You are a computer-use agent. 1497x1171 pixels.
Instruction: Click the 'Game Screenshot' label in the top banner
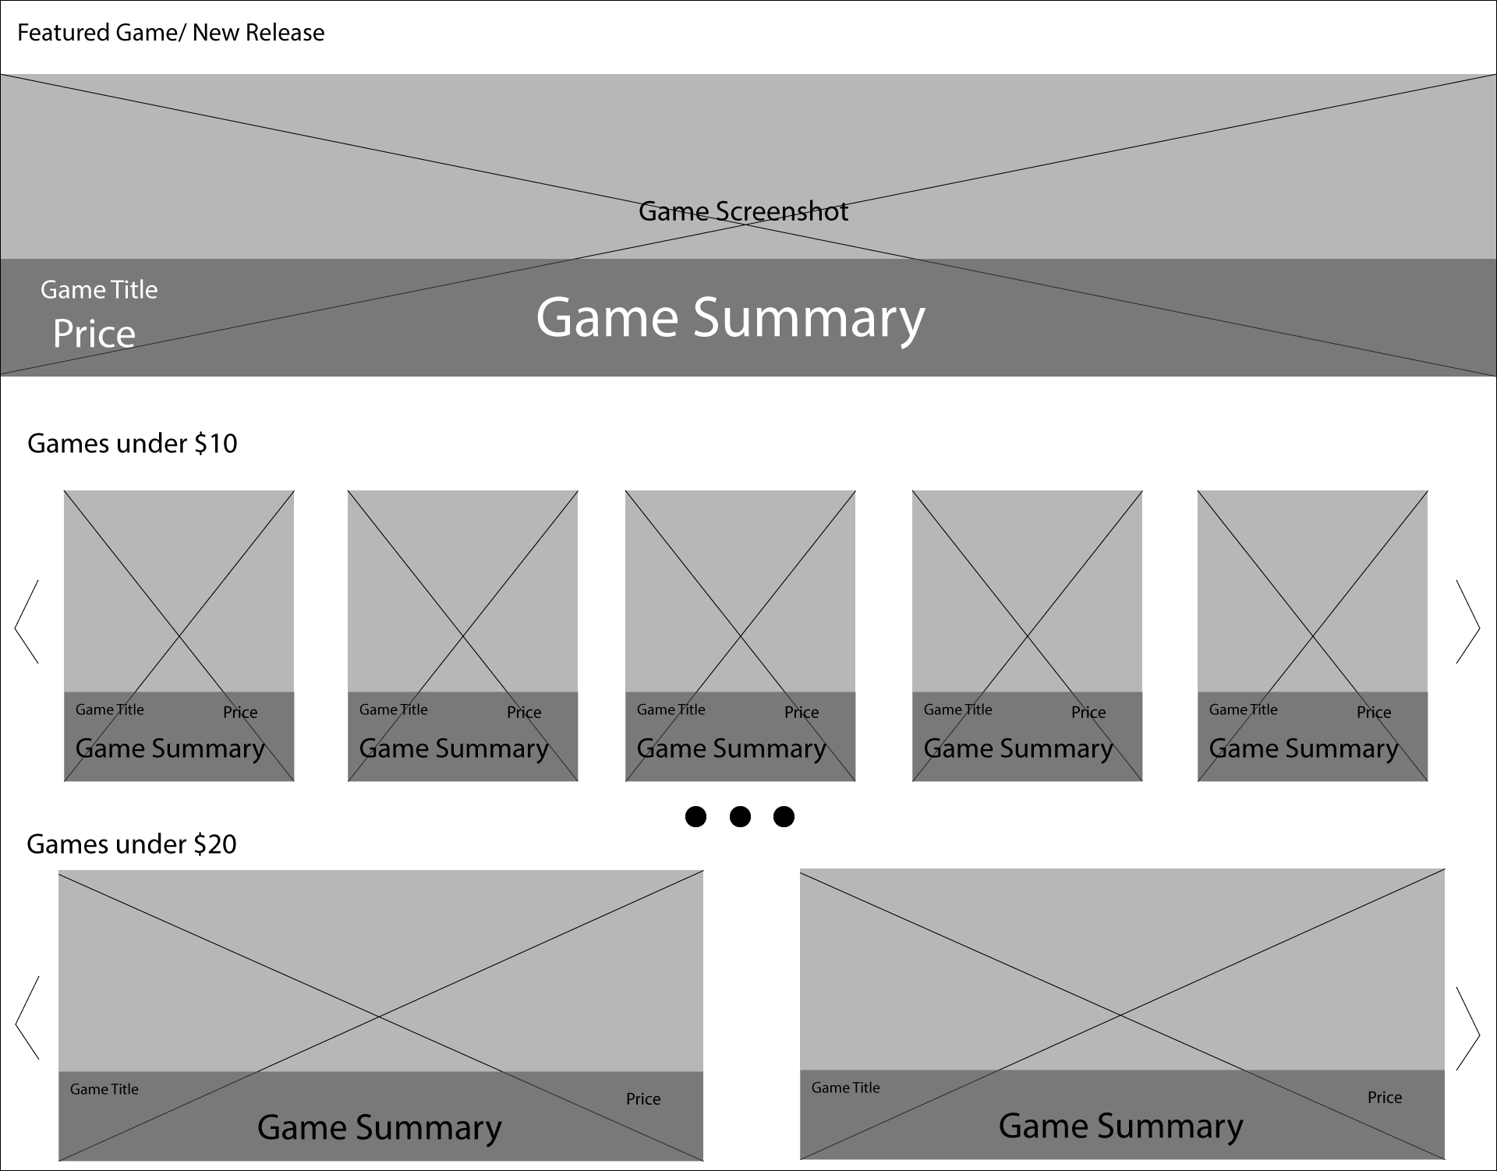point(743,211)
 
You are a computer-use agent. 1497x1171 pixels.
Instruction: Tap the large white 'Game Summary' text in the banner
point(731,318)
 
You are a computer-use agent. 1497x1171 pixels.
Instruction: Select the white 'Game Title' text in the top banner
point(99,290)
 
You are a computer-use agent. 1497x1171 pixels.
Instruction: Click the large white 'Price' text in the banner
point(94,334)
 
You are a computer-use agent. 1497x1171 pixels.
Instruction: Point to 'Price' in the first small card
point(240,713)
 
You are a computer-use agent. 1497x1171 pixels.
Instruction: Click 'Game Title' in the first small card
point(110,709)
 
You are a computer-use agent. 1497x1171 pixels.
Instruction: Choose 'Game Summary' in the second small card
point(454,748)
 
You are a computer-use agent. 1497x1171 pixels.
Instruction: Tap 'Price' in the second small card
point(524,713)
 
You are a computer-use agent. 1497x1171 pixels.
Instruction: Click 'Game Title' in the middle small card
point(671,709)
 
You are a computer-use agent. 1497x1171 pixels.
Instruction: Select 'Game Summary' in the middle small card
point(731,748)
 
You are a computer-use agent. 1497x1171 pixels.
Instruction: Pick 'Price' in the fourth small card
point(1088,713)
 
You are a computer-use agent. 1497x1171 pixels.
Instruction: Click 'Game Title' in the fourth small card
point(958,709)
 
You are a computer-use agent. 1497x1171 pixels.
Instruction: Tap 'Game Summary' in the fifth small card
point(1304,748)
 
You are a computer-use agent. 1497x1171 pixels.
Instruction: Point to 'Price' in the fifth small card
point(1374,713)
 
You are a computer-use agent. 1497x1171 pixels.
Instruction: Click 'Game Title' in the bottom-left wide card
point(104,1089)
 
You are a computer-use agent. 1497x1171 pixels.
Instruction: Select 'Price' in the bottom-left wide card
point(643,1099)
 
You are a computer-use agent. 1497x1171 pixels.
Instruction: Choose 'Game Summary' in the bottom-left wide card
point(380,1127)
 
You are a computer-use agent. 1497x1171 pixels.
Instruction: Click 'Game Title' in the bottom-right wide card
point(846,1088)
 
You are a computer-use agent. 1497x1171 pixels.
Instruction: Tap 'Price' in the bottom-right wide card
point(1385,1098)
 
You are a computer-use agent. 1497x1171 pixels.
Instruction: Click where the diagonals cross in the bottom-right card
point(1122,1014)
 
